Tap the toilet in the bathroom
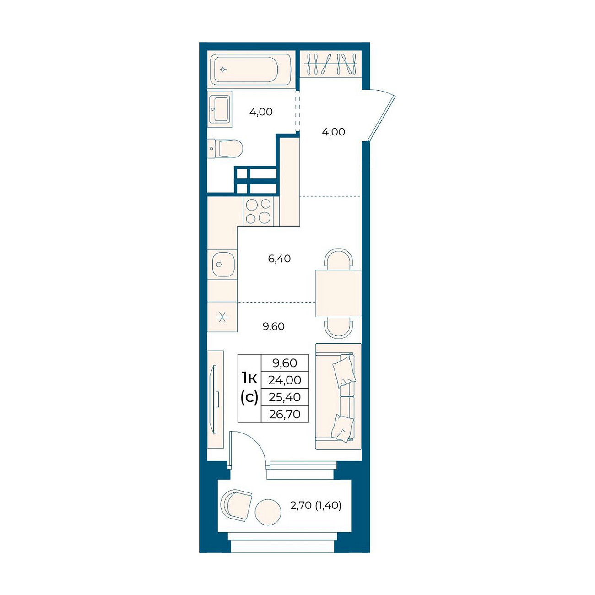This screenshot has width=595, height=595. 225,148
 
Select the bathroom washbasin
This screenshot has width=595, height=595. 220,108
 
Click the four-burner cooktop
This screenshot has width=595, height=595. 258,211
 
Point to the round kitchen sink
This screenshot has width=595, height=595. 222,264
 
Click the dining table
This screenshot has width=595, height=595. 338,293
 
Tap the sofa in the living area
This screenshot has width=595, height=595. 338,396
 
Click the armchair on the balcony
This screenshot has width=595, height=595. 236,505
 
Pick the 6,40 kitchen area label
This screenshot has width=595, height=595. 279,259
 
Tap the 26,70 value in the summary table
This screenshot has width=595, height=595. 284,414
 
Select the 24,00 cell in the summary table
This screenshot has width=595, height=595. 284,380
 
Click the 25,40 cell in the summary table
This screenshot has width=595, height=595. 284,397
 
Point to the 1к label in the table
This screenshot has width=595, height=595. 249,378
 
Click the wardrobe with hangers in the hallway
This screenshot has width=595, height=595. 331,64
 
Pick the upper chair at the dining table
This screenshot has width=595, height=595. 338,259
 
